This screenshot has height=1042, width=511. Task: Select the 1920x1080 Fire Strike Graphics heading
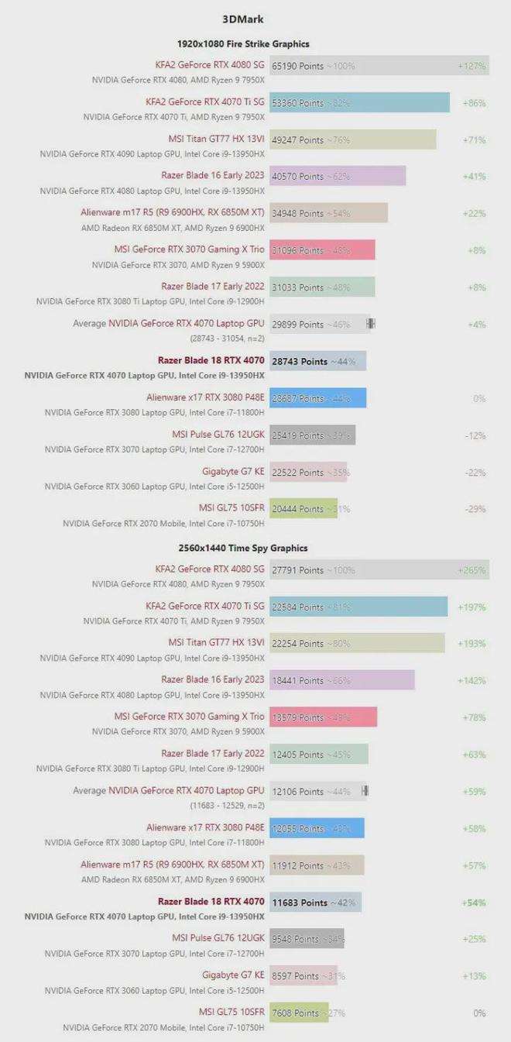tap(242, 44)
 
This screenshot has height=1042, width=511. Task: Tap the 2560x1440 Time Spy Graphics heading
tap(242, 548)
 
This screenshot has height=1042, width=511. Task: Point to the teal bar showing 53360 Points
tap(359, 102)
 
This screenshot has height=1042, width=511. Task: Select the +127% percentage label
tap(472, 66)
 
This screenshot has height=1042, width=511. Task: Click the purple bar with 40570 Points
tap(338, 176)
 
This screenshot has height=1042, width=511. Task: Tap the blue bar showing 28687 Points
tap(317, 398)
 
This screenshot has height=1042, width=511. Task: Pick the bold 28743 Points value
tap(300, 361)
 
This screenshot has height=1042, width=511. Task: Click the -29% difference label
tap(475, 509)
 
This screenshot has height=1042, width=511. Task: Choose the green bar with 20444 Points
tap(304, 509)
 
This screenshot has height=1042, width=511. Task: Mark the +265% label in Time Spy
tap(472, 570)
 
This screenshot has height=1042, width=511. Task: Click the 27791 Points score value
tap(297, 570)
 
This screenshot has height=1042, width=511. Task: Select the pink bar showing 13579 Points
tap(323, 717)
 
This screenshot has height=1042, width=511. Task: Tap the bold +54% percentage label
tap(473, 903)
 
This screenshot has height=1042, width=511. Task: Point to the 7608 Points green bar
tap(299, 1013)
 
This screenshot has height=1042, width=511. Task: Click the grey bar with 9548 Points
tap(307, 939)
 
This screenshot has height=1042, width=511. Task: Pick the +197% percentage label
tap(472, 607)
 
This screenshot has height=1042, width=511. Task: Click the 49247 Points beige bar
tap(352, 139)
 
